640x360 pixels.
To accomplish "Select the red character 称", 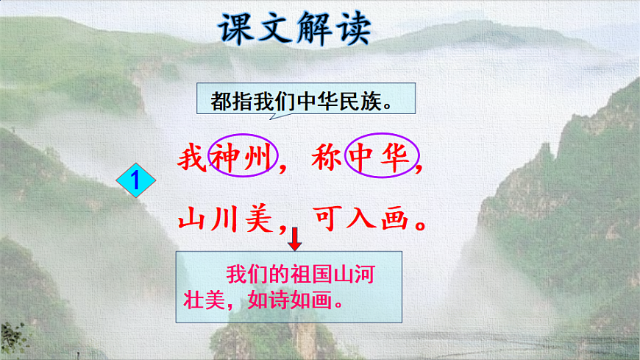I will (325, 158).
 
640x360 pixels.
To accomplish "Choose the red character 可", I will (329, 219).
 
